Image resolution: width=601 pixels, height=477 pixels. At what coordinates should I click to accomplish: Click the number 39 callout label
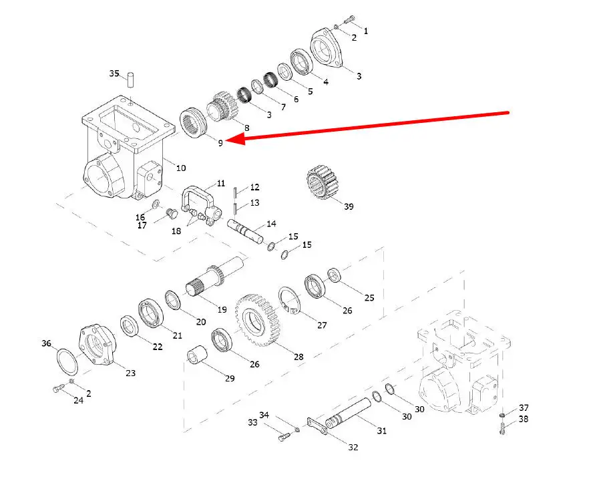tap(349, 206)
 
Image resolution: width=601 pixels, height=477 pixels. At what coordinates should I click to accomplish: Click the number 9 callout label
tap(220, 142)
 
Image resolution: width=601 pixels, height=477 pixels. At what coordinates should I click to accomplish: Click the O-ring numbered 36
tap(67, 361)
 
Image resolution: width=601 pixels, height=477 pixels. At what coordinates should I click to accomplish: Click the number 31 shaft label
tap(381, 431)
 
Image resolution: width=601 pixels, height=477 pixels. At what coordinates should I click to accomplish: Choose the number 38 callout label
tap(524, 420)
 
